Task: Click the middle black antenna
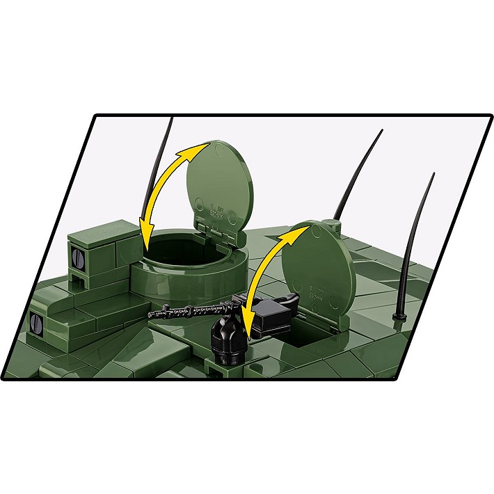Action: (x=358, y=174)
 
